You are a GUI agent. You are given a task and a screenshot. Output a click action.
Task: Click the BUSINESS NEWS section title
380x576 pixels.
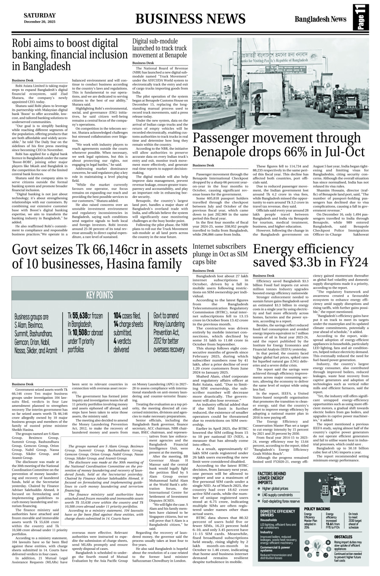click(190, 19)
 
